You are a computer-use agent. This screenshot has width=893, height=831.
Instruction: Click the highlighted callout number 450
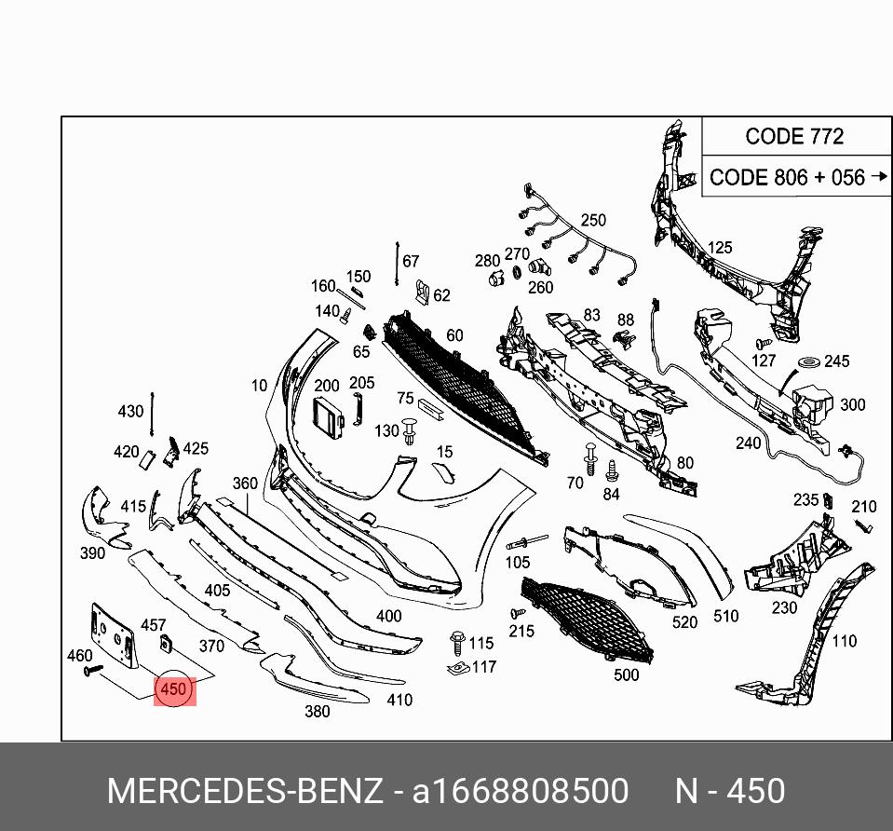click(174, 690)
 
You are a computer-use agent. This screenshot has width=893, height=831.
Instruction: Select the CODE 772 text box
click(794, 136)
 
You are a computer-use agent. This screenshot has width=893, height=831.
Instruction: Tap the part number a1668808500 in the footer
click(521, 791)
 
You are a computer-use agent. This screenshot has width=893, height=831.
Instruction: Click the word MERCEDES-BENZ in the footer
click(245, 791)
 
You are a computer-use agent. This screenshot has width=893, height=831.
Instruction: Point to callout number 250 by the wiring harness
click(593, 221)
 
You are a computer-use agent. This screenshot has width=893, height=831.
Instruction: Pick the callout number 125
click(720, 248)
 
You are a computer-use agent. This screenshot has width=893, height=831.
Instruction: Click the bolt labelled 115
click(457, 642)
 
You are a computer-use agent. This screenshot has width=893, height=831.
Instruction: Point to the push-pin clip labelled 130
click(411, 431)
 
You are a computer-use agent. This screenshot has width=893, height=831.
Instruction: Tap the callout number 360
click(245, 484)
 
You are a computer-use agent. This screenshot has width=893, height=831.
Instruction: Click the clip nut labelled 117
click(457, 668)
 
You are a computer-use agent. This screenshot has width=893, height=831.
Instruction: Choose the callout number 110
click(844, 640)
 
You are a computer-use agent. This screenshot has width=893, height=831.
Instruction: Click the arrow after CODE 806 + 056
click(880, 176)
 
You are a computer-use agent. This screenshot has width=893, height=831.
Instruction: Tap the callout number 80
click(685, 463)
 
